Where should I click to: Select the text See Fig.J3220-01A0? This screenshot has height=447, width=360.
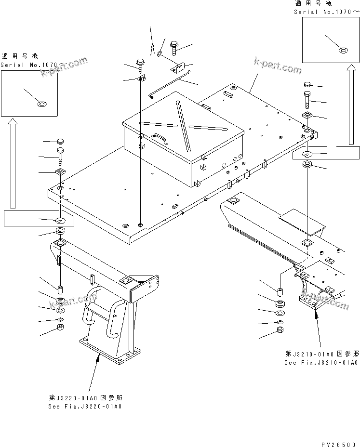point(85,406)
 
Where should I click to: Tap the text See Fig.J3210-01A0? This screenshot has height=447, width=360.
point(321,362)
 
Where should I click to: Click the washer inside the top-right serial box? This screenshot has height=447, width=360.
point(343,50)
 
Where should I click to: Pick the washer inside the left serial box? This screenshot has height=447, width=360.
point(42,103)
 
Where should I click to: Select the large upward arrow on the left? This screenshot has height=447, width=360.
point(13,164)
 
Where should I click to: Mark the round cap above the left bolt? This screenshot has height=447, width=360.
point(60,141)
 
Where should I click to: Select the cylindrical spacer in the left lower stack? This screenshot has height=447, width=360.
point(60,290)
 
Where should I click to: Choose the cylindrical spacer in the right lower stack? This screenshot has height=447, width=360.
point(281,292)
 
